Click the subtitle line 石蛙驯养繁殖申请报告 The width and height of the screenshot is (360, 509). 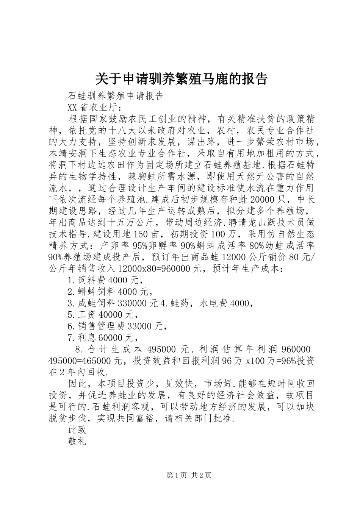[x=115, y=96]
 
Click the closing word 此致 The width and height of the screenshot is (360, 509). [x=77, y=430]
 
